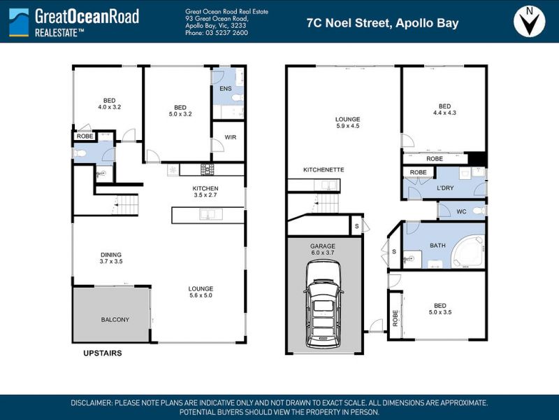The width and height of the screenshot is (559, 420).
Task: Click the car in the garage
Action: point(324,304)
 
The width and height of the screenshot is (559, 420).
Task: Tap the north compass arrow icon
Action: point(530,22)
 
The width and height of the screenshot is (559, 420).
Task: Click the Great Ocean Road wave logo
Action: point(19,22)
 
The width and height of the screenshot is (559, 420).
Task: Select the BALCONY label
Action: point(115,320)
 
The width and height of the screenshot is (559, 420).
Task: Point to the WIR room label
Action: point(231,137)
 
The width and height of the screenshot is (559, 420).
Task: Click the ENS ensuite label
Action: point(226,89)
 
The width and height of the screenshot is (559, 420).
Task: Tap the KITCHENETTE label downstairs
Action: point(324,169)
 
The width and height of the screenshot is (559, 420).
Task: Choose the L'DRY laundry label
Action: point(445,188)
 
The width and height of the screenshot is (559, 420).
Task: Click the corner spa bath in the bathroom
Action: point(467,251)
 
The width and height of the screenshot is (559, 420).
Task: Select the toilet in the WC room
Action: point(479,211)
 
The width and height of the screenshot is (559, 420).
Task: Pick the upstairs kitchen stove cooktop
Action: point(207,169)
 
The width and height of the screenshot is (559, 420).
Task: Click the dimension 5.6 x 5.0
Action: point(201,295)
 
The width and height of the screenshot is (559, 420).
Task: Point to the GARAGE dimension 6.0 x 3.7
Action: point(323,253)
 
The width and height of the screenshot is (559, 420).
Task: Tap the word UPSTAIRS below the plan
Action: point(103,353)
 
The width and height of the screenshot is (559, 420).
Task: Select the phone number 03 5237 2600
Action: point(226,33)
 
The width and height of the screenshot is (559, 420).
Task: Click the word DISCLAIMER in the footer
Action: point(92,403)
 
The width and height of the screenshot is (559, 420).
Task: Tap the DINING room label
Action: point(111,255)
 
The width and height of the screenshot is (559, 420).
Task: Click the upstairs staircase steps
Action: point(125,204)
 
